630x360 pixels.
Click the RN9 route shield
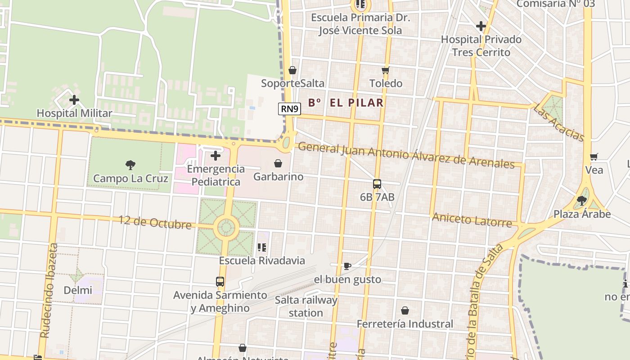tap(289, 109)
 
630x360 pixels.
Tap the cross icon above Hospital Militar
tap(74, 100)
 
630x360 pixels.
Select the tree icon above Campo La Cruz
tap(130, 165)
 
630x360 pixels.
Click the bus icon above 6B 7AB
tap(377, 184)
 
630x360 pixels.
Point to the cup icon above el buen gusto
tap(347, 266)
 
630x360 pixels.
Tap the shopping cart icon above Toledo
tap(385, 70)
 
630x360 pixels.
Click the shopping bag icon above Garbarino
tap(278, 163)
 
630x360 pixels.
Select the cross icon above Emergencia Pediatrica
tap(216, 156)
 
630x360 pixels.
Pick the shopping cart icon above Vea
tap(594, 157)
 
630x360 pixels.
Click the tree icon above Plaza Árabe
tap(582, 200)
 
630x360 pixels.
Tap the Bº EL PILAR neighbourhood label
tap(346, 103)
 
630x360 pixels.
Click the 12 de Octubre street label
tap(155, 222)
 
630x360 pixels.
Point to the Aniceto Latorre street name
tap(472, 220)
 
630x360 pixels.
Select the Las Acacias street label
tap(558, 122)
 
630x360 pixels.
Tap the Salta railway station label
tap(306, 306)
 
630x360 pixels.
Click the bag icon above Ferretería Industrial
tap(405, 310)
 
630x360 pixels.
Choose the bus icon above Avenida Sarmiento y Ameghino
tap(220, 282)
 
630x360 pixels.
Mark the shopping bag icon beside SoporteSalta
tap(292, 70)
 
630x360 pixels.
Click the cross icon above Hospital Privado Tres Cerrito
tap(481, 26)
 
